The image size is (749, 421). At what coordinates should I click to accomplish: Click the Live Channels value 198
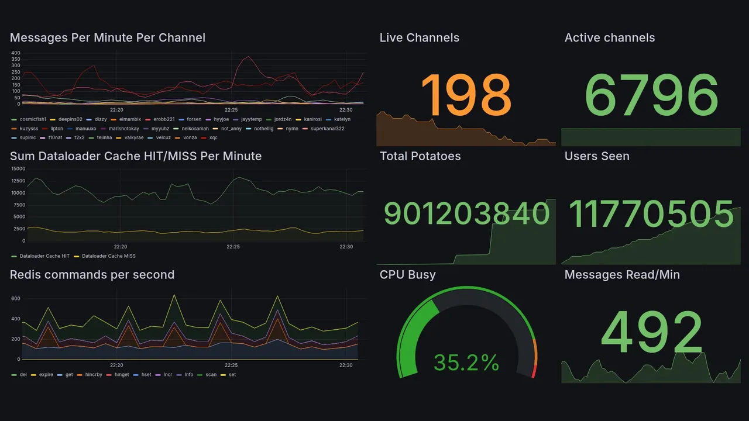pos(466,95)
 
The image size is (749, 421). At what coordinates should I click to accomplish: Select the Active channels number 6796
pos(651,95)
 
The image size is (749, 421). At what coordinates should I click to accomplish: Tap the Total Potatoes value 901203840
pos(466,214)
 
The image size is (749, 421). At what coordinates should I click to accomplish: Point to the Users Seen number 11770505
pos(651,214)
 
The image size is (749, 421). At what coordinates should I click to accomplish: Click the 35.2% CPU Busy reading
pos(466,363)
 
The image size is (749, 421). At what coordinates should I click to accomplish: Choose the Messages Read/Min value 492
pos(651,332)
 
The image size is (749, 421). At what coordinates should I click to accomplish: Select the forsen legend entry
pos(194,119)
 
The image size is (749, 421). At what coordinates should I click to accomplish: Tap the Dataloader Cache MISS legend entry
pos(108,256)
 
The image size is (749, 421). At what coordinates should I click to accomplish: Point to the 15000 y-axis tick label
pos(18,169)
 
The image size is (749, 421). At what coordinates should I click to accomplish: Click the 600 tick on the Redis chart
pos(15,299)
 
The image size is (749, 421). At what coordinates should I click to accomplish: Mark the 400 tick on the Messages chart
pos(16,53)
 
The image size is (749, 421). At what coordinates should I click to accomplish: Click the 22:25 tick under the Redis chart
pos(231,365)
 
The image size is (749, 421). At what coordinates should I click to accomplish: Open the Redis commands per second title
pos(92,275)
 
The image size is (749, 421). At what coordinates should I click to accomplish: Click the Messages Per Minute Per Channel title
pos(108,38)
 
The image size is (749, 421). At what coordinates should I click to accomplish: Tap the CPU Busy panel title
pos(407,275)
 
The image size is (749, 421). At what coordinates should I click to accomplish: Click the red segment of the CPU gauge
pos(534,371)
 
